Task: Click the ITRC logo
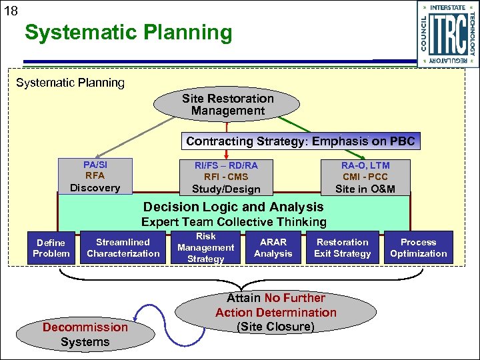click(447, 34)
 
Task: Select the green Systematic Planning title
click(128, 33)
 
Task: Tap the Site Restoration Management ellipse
click(227, 105)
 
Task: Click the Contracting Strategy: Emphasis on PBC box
click(301, 141)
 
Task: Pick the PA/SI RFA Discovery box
click(95, 176)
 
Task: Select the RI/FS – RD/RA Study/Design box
click(226, 177)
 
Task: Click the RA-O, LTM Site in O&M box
click(365, 177)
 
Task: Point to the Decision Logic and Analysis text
click(233, 207)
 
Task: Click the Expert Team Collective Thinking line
click(233, 222)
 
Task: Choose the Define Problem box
click(51, 248)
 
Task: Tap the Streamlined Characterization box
click(123, 247)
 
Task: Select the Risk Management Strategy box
click(205, 247)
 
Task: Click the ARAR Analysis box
click(273, 247)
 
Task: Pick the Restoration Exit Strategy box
click(342, 247)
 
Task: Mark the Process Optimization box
click(418, 247)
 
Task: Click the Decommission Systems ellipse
click(85, 334)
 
